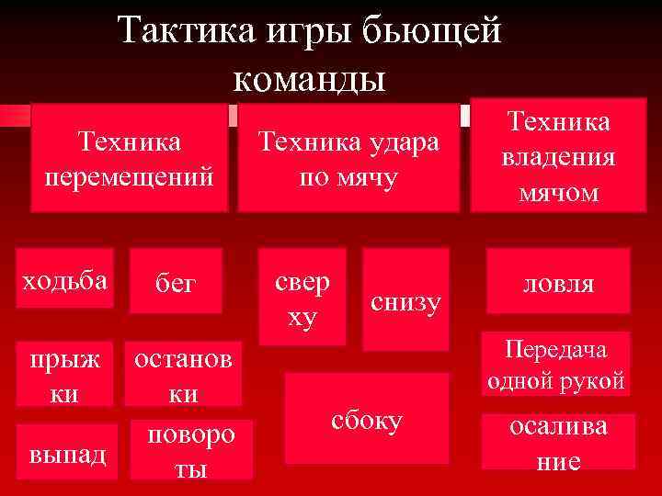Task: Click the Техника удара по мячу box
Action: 348,158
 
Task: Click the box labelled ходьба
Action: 65,276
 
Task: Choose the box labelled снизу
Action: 405,299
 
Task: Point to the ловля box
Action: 558,283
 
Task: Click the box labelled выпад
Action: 65,453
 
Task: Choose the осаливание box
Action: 558,442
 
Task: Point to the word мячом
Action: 558,193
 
